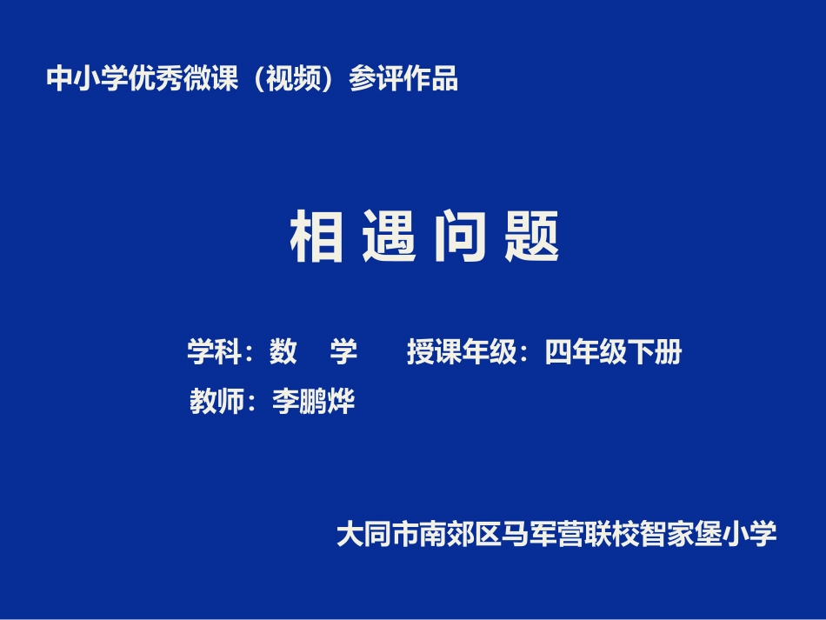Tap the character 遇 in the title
point(390,237)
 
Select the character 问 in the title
point(461,237)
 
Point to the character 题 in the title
point(532,237)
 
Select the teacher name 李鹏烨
point(314,402)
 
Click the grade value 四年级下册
point(614,352)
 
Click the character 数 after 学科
point(283,352)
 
